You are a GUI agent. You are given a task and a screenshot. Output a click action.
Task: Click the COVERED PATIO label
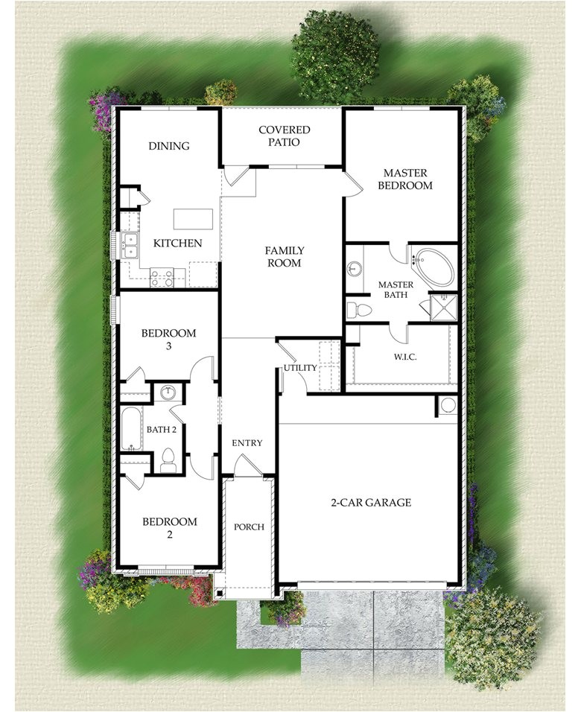[x=284, y=136]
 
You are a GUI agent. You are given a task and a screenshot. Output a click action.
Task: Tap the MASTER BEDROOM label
[x=404, y=179]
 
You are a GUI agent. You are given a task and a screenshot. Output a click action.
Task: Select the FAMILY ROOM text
[x=284, y=257]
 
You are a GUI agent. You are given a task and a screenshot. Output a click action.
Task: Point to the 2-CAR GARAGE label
[x=371, y=503]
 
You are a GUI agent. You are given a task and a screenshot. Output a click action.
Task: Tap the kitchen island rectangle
[x=193, y=219]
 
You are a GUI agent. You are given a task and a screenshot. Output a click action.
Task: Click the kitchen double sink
[x=130, y=245]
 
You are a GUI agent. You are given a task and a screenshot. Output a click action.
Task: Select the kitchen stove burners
[x=162, y=278]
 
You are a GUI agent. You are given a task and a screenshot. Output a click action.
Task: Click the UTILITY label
[x=299, y=368]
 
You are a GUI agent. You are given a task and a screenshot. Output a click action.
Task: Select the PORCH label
[x=249, y=527]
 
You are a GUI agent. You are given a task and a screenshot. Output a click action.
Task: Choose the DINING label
[x=169, y=146]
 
